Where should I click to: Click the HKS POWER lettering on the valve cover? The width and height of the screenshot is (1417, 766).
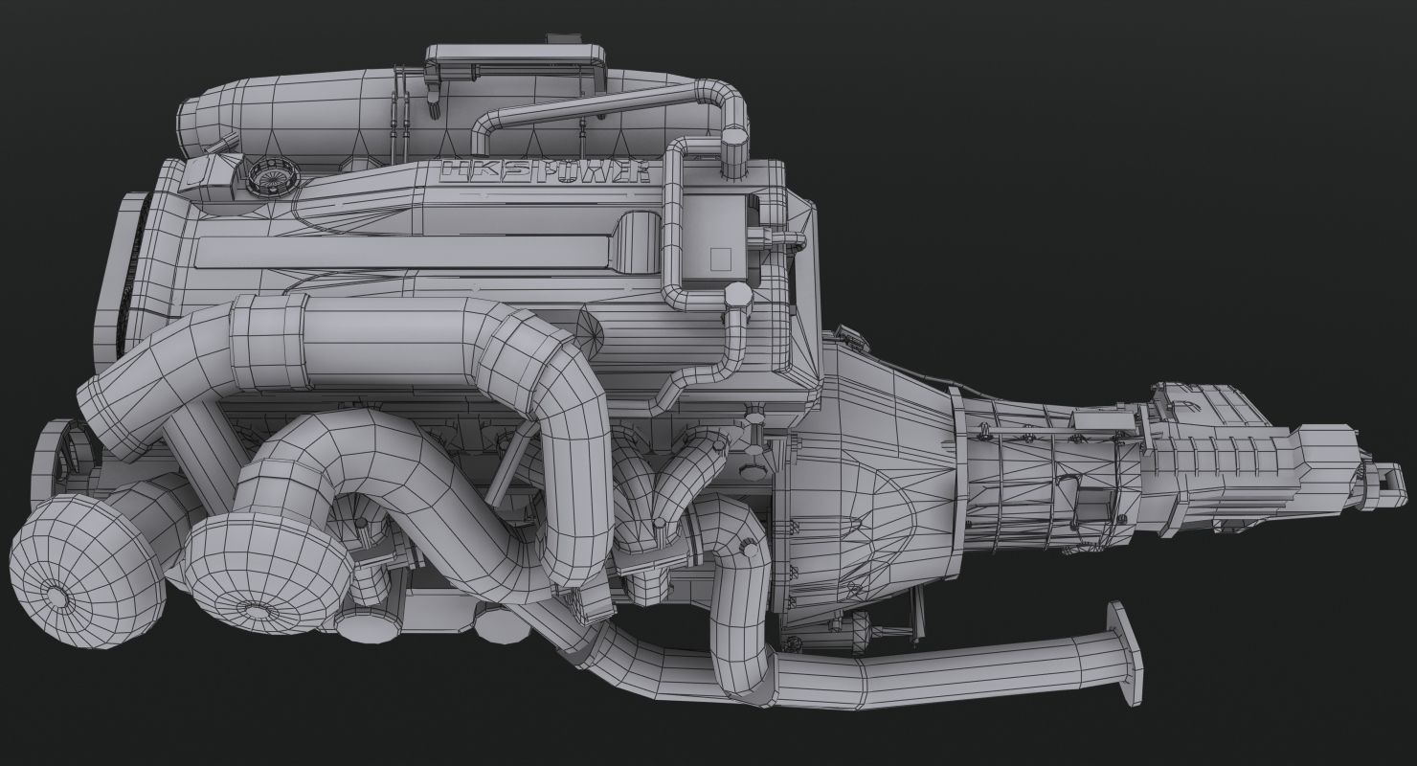click(545, 171)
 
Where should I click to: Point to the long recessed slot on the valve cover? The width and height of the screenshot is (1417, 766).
click(402, 251)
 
